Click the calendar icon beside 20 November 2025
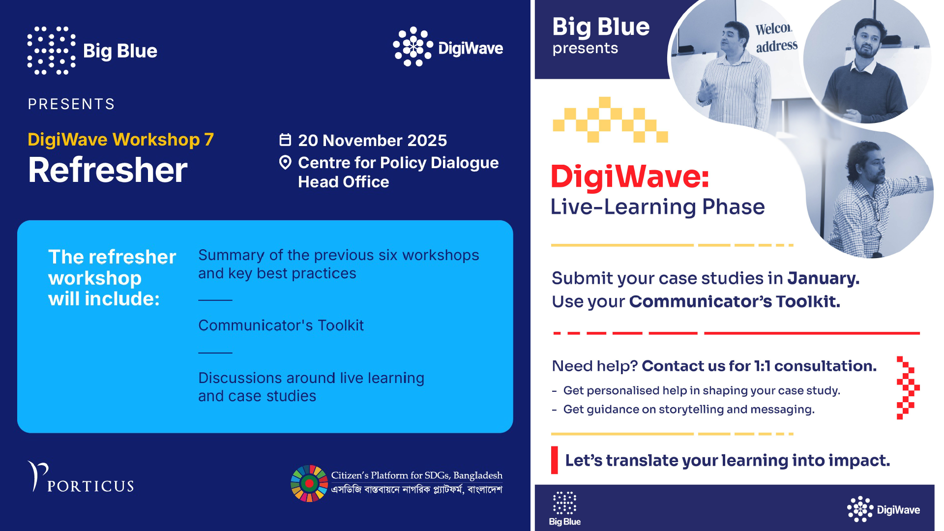[x=285, y=140]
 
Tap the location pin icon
[x=285, y=162]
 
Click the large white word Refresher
[x=108, y=170]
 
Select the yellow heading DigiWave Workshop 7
[x=120, y=140]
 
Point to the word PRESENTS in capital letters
[x=71, y=104]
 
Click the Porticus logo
[x=81, y=476]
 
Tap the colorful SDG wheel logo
[x=309, y=483]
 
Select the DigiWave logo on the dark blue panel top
[x=448, y=47]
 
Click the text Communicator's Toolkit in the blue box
[x=281, y=325]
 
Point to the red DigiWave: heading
[x=630, y=176]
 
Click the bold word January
[x=823, y=278]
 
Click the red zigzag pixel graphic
[x=908, y=388]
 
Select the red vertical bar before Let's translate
[x=555, y=460]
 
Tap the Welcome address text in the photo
[x=776, y=37]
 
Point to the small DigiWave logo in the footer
[x=884, y=509]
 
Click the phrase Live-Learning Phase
[x=657, y=207]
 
